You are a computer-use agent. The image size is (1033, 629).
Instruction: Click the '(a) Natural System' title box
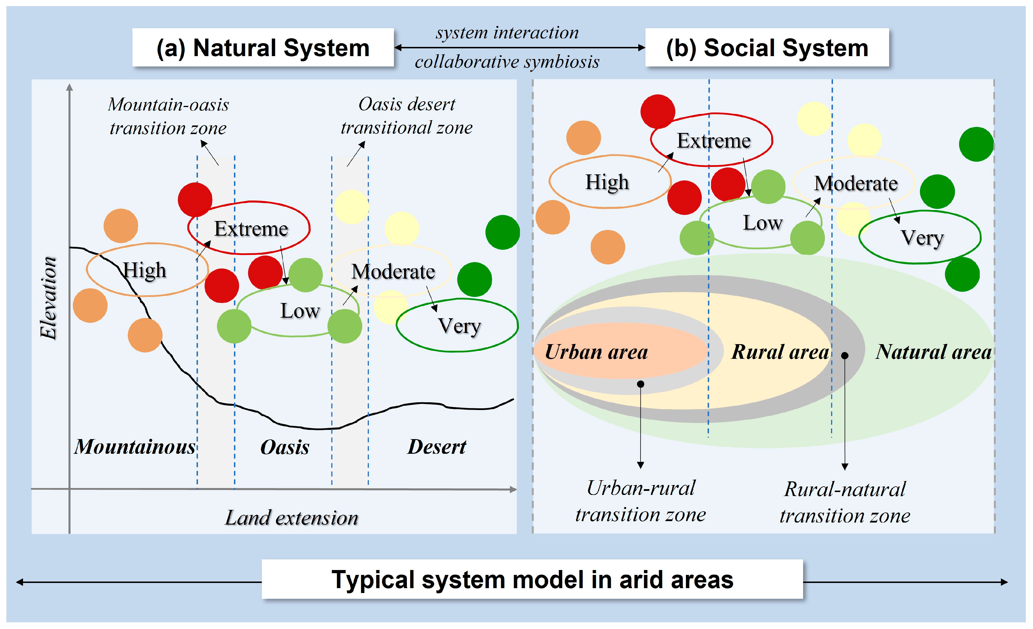(x=263, y=47)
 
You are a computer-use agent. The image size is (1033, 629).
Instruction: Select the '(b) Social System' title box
(x=767, y=47)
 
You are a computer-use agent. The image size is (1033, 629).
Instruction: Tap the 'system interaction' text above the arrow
(x=507, y=33)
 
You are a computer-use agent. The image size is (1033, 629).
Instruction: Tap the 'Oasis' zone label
(x=285, y=447)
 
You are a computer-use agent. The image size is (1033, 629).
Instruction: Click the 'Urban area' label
(x=596, y=352)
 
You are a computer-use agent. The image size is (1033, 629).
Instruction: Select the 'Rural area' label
(x=780, y=352)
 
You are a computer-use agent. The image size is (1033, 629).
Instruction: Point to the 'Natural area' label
(x=933, y=352)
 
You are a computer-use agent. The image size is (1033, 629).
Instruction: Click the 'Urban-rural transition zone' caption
(x=641, y=501)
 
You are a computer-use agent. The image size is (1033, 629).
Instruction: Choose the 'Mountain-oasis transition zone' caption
(x=168, y=116)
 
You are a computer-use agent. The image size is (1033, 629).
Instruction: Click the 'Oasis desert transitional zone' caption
(x=407, y=116)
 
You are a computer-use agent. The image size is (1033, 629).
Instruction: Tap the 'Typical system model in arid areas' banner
(x=532, y=580)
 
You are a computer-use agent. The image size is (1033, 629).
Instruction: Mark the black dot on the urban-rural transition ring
(x=641, y=384)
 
